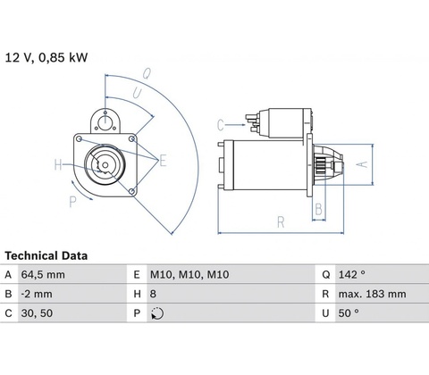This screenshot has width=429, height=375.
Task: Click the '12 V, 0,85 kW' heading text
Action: click(x=46, y=57)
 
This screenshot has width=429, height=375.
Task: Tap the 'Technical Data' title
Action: click(x=46, y=256)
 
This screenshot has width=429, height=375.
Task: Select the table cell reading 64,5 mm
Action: click(x=43, y=274)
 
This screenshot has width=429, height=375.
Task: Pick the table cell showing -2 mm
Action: click(x=37, y=294)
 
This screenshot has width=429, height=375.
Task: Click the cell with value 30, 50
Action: click(x=37, y=313)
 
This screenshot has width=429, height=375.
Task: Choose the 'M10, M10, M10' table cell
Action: click(x=189, y=274)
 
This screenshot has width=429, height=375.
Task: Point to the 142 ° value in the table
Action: click(x=351, y=274)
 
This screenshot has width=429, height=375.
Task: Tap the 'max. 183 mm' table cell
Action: click(x=372, y=294)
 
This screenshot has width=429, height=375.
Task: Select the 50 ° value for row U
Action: click(x=349, y=313)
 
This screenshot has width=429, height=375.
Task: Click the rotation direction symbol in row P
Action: click(x=157, y=313)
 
